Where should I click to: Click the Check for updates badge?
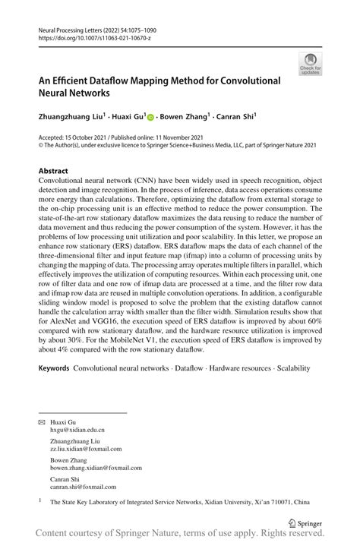310,64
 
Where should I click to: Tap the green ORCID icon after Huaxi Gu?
150,118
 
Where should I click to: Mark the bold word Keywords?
55,368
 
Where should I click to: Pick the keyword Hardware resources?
238,368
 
